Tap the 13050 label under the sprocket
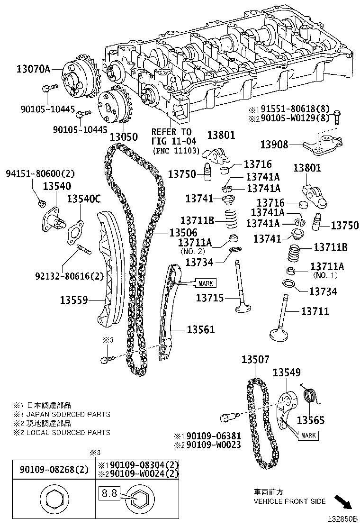click(124, 137)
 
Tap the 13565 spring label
click(311, 420)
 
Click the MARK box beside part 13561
click(205, 283)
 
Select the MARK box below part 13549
click(308, 435)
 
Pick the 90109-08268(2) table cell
click(54, 470)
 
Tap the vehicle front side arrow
click(343, 501)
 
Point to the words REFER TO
click(171, 131)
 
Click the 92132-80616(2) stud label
click(69, 276)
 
